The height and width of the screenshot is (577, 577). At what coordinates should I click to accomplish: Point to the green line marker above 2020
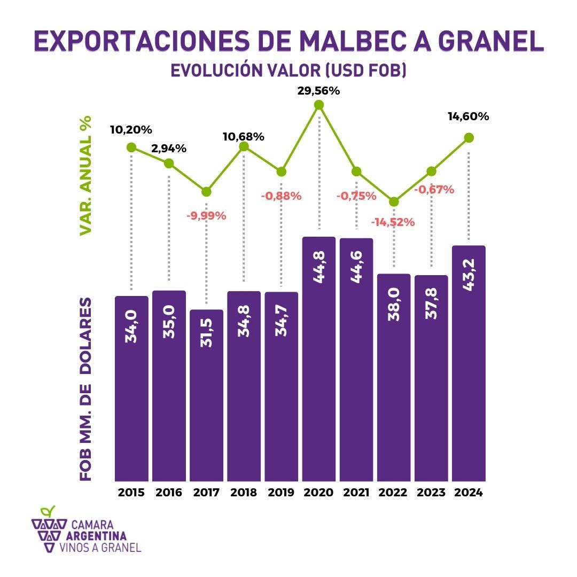(x=319, y=105)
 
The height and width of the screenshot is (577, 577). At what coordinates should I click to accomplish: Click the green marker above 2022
(x=394, y=202)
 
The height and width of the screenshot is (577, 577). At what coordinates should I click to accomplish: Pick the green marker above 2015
(x=131, y=147)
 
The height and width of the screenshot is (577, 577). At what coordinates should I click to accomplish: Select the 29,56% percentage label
(x=318, y=90)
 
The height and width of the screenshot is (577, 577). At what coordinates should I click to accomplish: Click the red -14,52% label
(x=394, y=222)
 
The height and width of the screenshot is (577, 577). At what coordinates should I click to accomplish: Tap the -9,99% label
(x=206, y=216)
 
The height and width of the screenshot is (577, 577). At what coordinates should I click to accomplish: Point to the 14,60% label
(x=468, y=116)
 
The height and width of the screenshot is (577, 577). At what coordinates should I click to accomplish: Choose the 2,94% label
(x=169, y=149)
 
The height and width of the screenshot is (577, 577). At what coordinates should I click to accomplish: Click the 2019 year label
(x=281, y=493)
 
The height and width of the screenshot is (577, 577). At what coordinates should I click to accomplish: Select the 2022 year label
(x=394, y=493)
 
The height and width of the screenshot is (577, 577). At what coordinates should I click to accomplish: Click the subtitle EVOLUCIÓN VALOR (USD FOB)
(x=288, y=71)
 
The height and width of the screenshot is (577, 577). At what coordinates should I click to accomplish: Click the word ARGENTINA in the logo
(x=97, y=536)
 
